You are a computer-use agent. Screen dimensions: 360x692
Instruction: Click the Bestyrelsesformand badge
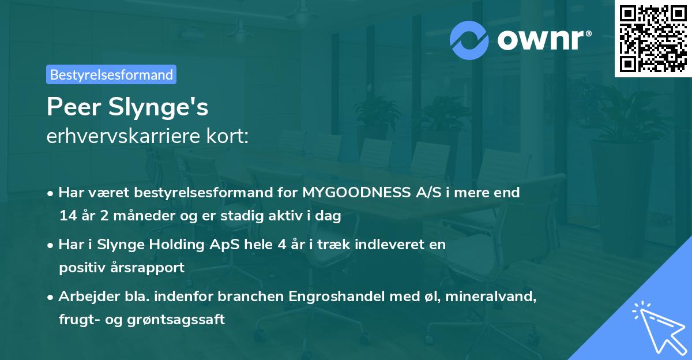111,74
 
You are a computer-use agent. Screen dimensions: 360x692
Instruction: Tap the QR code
653,38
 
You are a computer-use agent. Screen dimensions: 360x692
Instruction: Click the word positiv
80,268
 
